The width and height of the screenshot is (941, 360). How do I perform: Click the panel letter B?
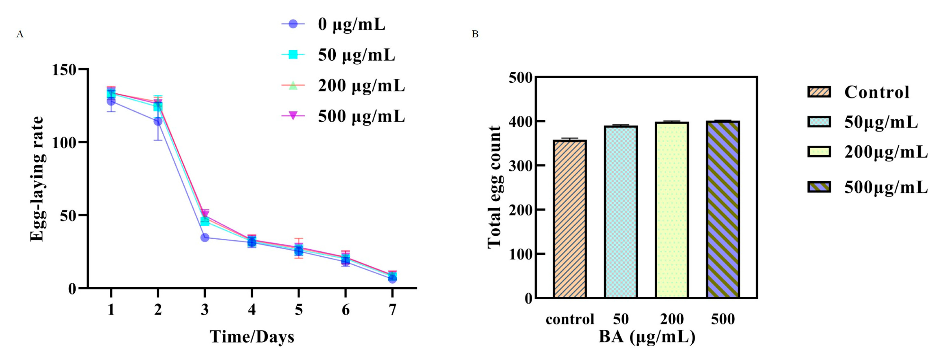pos(475,34)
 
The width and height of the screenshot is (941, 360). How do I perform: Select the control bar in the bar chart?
pos(570,219)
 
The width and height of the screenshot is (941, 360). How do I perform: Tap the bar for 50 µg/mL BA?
pos(621,212)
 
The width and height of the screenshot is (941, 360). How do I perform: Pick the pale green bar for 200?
pos(672,210)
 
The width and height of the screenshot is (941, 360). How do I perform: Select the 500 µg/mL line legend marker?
pos(293,116)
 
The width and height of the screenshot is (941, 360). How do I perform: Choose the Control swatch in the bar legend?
pos(819,92)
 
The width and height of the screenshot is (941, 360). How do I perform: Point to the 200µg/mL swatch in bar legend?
pos(819,151)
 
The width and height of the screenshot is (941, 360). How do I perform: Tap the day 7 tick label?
pos(392,310)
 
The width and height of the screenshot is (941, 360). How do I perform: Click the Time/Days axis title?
pos(252,337)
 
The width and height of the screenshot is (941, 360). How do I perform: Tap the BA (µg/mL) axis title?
pos(647,337)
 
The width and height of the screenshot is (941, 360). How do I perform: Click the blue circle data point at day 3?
pos(205,238)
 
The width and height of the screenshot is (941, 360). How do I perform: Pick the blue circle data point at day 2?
pos(158,121)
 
